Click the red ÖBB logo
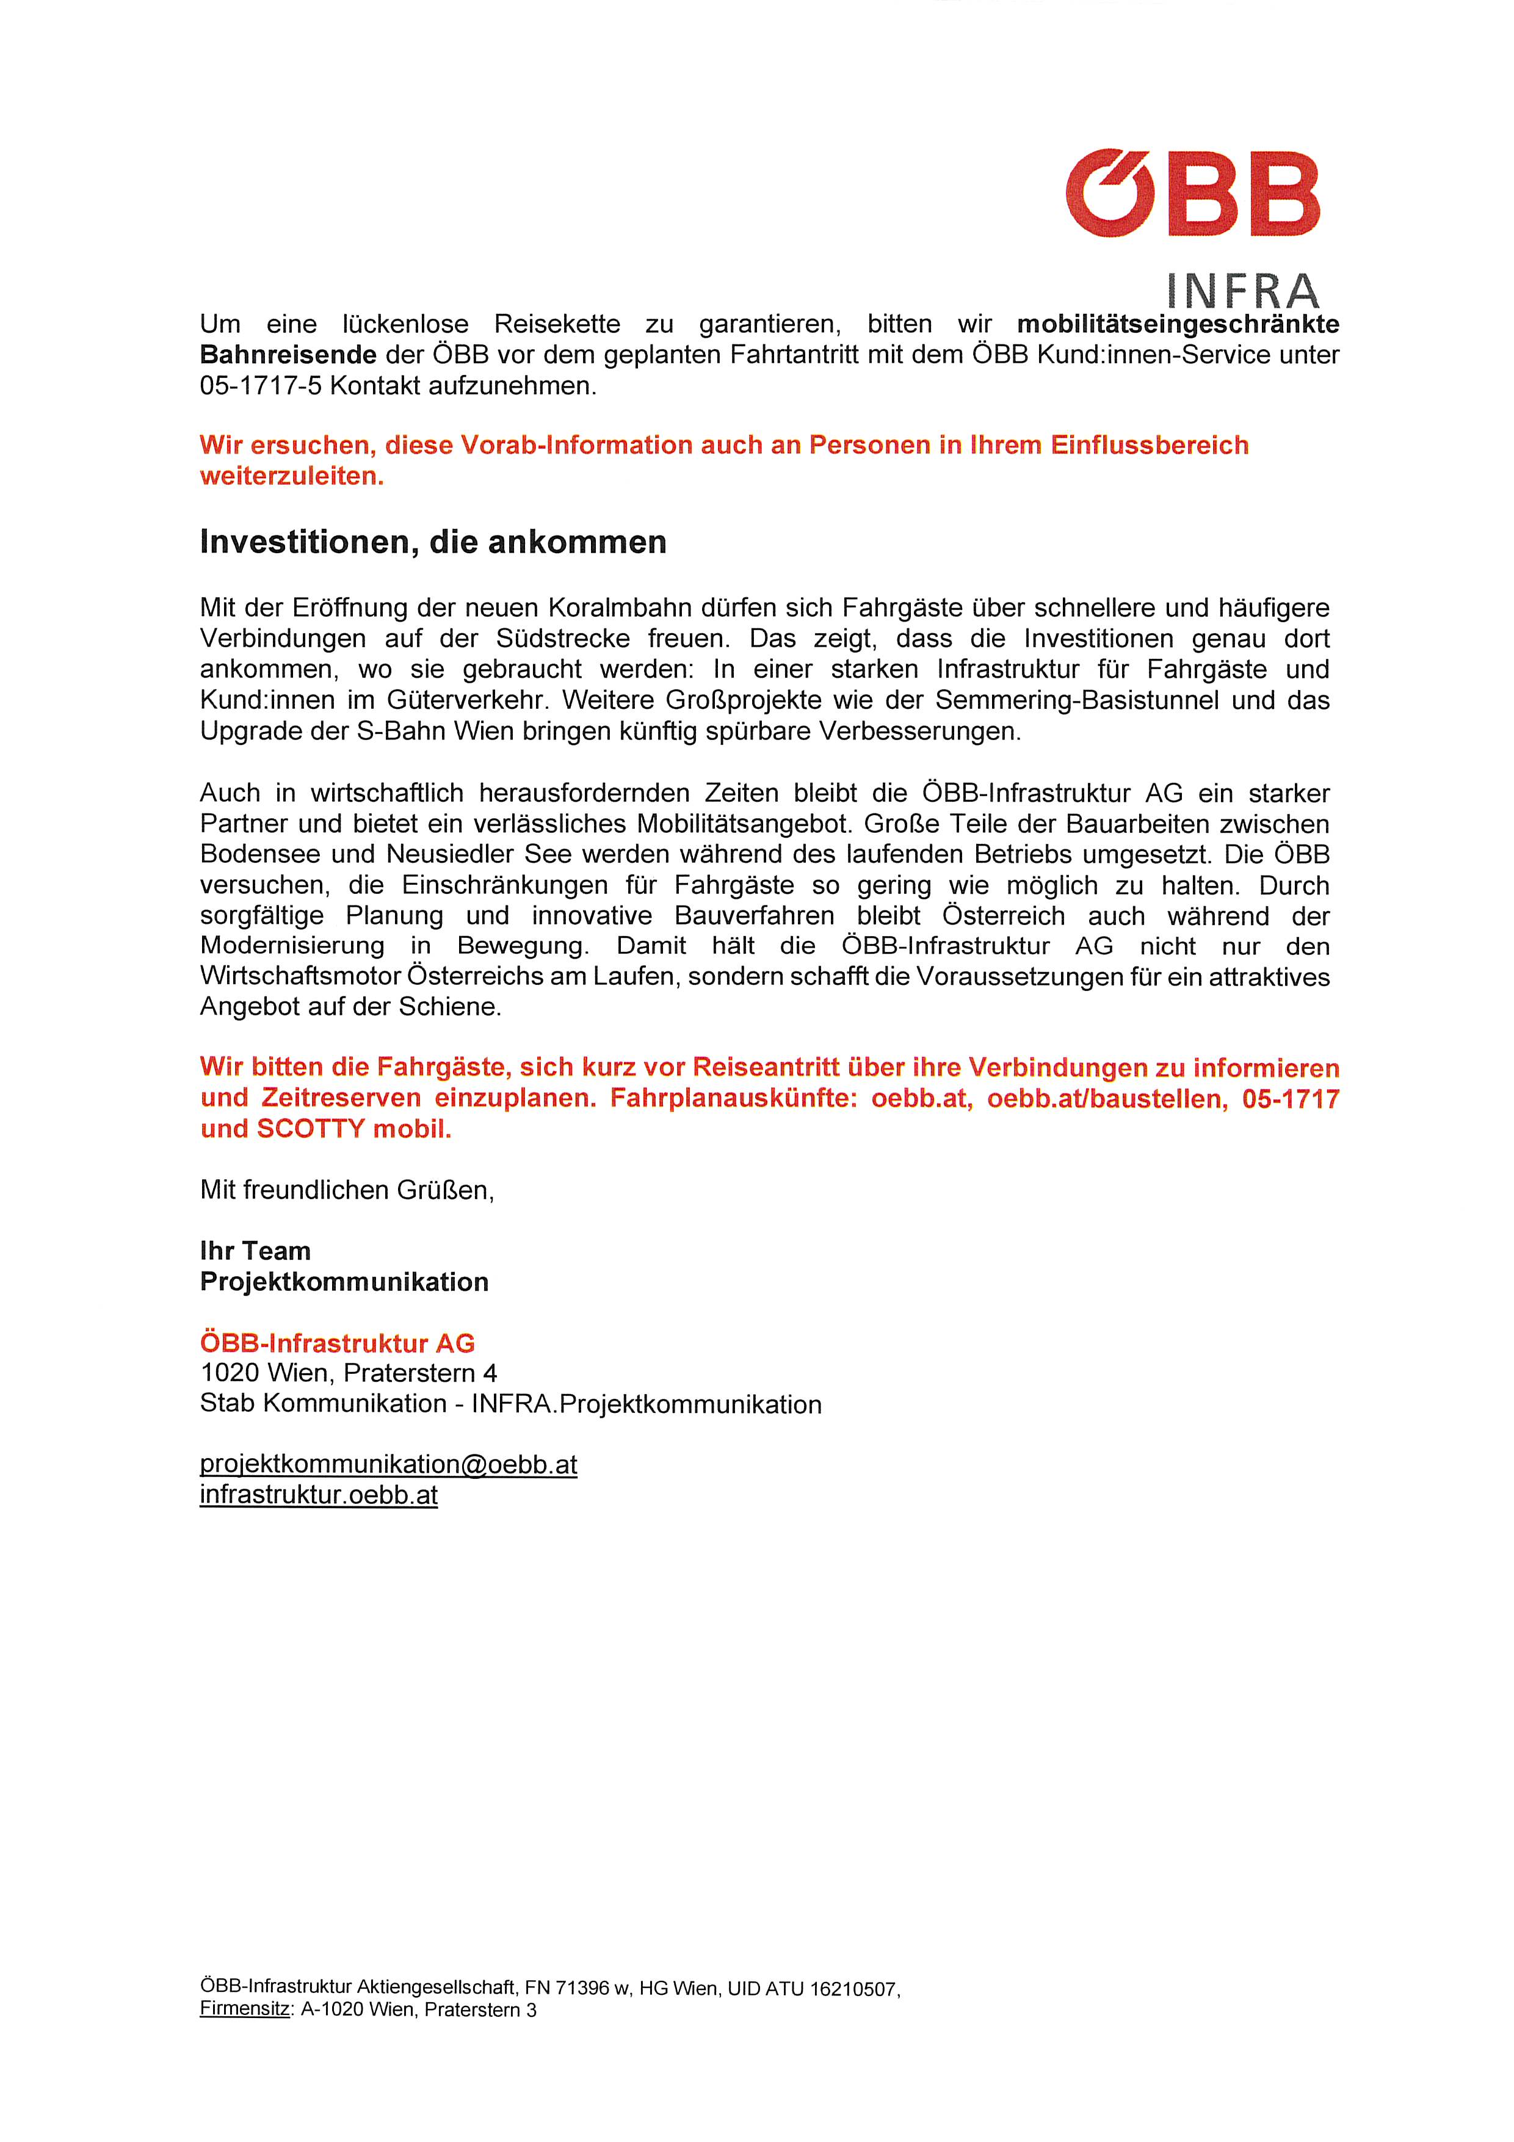click(1192, 193)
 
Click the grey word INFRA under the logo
click(1242, 291)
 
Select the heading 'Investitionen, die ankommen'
click(433, 542)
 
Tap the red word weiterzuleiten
click(292, 477)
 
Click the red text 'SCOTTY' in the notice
click(311, 1129)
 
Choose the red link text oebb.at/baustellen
click(1107, 1099)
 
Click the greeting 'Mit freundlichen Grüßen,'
click(346, 1191)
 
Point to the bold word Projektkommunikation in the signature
click(344, 1282)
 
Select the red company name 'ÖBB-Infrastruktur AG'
click(337, 1343)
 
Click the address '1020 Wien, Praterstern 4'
click(348, 1373)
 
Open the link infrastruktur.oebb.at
click(318, 1495)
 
